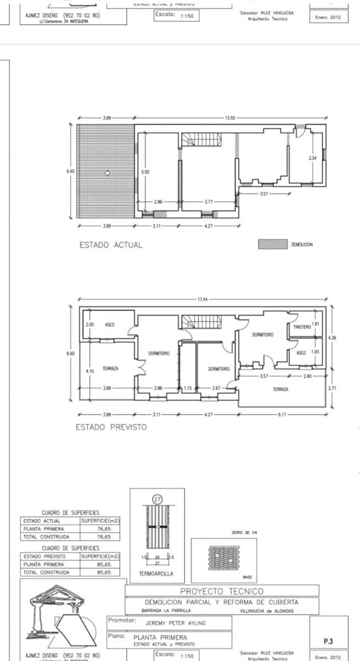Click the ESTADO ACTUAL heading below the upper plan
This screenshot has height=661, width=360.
point(111,245)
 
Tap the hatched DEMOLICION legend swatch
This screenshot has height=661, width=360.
point(272,244)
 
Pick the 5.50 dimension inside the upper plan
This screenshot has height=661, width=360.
point(145,172)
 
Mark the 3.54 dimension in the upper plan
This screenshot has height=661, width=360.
point(313,158)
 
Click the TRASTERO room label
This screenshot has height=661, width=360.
point(302,327)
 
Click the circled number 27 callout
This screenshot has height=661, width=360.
point(158,499)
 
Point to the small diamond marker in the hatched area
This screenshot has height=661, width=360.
point(107,173)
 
